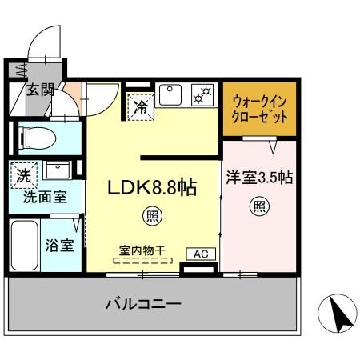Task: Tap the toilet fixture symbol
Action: click(37, 138)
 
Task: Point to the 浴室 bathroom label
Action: click(60, 245)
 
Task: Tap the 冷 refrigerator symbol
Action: click(141, 104)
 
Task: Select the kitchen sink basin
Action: click(171, 95)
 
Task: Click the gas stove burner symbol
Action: click(202, 95)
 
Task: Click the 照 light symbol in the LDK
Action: click(150, 214)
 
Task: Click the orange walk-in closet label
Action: click(258, 108)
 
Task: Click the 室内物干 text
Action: click(144, 249)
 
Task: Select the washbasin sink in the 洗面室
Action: click(56, 170)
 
